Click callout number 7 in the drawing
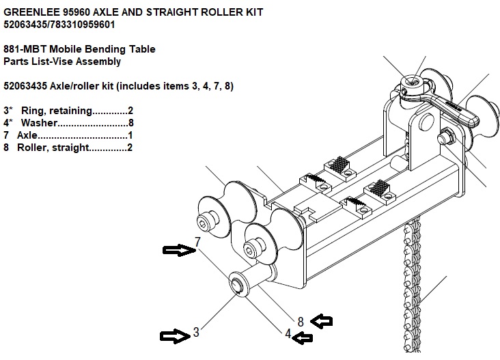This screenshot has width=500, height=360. click(x=197, y=242)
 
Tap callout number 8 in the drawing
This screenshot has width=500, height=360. click(x=301, y=322)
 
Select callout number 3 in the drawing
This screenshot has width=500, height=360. click(x=196, y=332)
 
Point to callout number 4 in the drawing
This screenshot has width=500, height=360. click(x=288, y=333)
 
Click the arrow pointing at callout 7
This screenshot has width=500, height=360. click(x=179, y=250)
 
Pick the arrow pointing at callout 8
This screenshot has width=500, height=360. click(x=322, y=321)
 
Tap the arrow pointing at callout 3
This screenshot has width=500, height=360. click(x=175, y=336)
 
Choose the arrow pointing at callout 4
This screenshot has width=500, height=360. click(x=303, y=337)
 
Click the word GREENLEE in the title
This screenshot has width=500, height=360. click(x=31, y=12)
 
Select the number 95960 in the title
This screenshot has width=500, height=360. click(x=77, y=12)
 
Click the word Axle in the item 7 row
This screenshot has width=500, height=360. click(x=27, y=135)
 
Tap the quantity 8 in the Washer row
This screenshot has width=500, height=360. click(x=130, y=123)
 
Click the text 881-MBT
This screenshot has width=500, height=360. click(x=25, y=49)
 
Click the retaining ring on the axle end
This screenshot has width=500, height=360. click(x=237, y=284)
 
